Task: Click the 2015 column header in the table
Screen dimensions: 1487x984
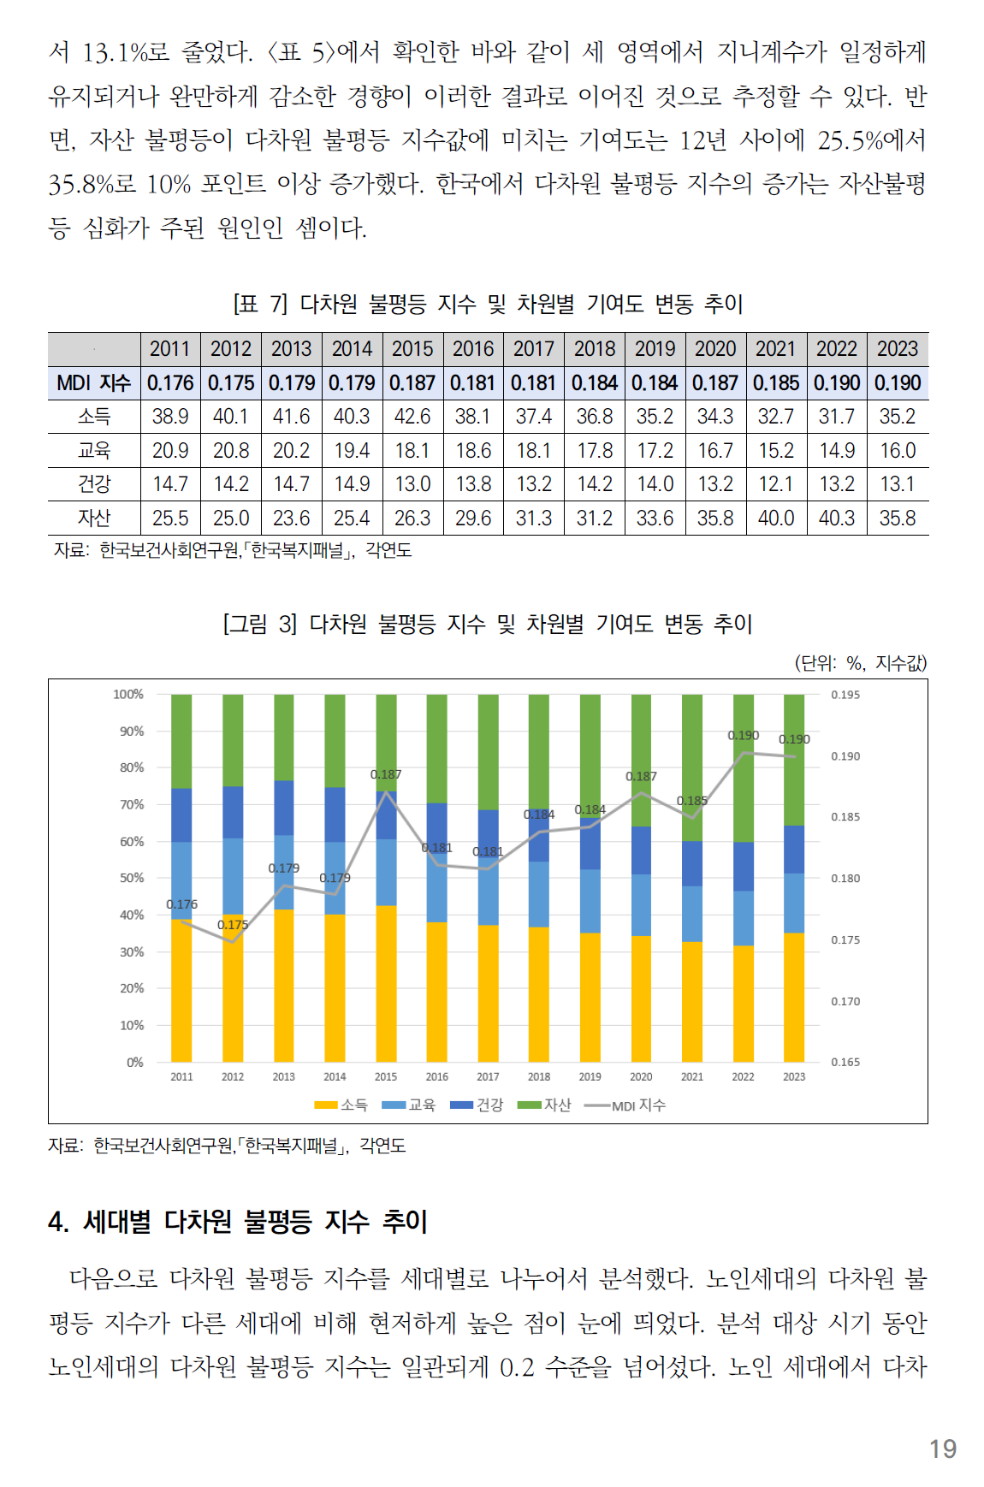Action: pos(412,349)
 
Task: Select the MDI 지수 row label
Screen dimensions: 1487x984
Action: pos(93,382)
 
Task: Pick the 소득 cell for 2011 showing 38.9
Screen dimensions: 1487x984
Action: pos(170,417)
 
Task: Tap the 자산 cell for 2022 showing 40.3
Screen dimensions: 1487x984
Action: pos(836,518)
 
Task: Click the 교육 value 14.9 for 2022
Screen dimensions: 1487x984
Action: pos(836,451)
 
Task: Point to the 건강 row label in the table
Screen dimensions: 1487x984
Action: pos(94,484)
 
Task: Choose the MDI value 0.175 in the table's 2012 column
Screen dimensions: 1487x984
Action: pos(231,382)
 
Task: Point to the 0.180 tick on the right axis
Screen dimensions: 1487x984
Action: pos(845,879)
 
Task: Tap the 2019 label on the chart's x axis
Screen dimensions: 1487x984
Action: pos(590,1077)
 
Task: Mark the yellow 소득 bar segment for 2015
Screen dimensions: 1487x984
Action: pos(386,984)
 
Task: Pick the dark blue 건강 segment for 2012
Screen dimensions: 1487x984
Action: pos(233,812)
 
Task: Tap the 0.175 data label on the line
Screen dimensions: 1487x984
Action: pos(233,925)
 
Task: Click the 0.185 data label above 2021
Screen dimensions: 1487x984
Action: pos(692,801)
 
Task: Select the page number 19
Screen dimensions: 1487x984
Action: pos(943,1448)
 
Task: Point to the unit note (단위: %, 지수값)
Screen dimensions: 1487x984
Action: pos(861,662)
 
